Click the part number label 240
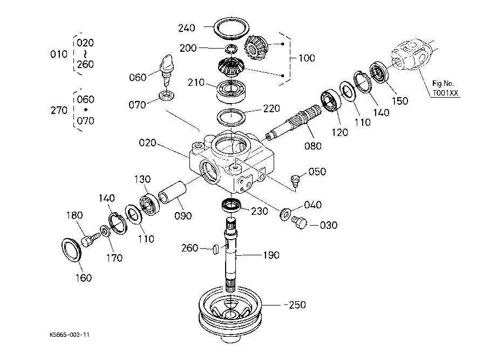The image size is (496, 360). [x=187, y=28]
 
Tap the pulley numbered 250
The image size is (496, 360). [x=230, y=314]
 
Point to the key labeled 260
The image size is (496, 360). [x=215, y=249]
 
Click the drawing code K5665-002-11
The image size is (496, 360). [x=69, y=335]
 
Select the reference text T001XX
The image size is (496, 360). [x=445, y=93]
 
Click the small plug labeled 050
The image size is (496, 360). [x=295, y=180]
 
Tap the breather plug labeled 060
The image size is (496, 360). [x=167, y=69]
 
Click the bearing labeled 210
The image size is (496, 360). [x=231, y=91]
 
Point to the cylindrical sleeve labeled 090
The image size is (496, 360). [x=172, y=192]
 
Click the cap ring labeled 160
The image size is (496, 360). [x=71, y=250]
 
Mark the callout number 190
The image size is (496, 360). [x=271, y=255]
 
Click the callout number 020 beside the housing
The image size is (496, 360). [x=147, y=142]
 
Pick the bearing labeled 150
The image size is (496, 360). [x=379, y=73]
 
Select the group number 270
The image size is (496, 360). [x=59, y=110]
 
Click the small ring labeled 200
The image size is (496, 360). [x=231, y=49]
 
